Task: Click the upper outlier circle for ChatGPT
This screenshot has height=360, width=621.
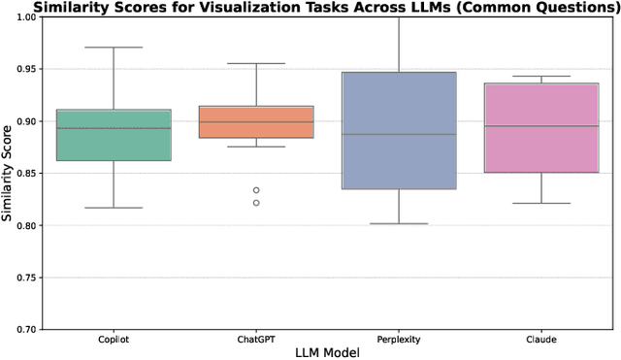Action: click(x=256, y=190)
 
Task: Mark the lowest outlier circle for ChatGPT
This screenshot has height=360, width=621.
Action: click(x=256, y=203)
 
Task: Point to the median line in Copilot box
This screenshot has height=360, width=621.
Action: click(x=114, y=128)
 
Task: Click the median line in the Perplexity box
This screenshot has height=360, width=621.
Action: click(x=399, y=134)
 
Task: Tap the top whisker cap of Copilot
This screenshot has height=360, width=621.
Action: click(x=114, y=48)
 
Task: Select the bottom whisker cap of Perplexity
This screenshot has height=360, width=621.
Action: click(x=399, y=223)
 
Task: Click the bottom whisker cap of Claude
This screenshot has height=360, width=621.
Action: click(x=540, y=204)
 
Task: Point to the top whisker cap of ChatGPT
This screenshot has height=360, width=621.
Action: click(x=256, y=63)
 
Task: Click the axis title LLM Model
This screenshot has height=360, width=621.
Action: click(x=327, y=353)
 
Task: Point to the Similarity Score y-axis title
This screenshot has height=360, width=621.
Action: click(x=12, y=174)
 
